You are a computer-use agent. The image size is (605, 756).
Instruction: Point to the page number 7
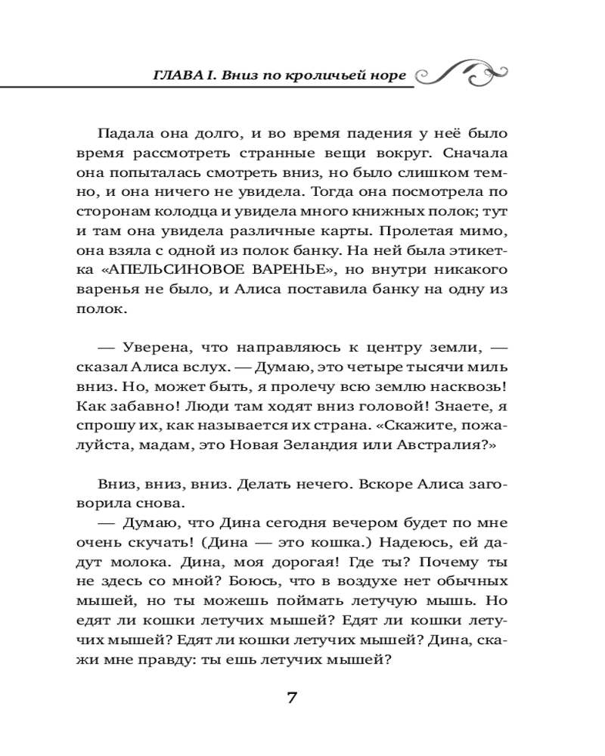pyautogui.click(x=292, y=697)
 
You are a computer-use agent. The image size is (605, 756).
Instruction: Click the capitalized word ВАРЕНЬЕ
pyautogui.click(x=302, y=270)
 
